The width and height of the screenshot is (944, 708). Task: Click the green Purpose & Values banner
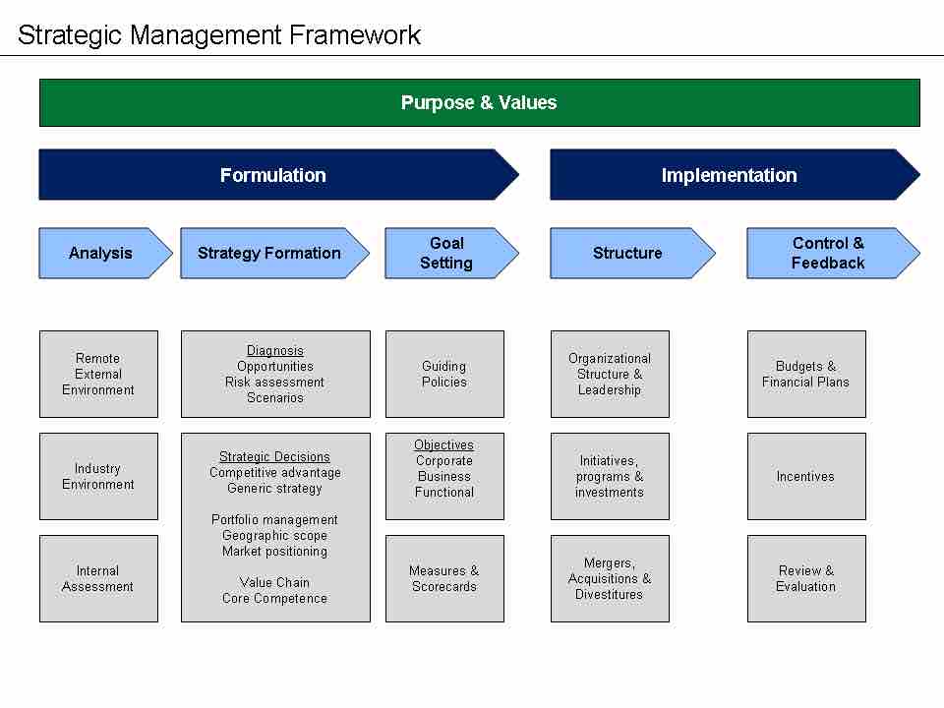tap(479, 102)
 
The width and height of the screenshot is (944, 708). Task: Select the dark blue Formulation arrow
tap(273, 175)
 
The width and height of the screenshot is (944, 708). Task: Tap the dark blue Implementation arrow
tap(729, 175)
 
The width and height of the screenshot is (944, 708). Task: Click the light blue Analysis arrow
tap(100, 253)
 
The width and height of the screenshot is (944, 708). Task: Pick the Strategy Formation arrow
tap(269, 253)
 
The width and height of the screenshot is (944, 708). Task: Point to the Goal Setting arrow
tap(446, 253)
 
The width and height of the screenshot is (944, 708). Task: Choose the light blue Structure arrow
tap(627, 253)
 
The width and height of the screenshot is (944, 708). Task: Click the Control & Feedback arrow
tap(828, 253)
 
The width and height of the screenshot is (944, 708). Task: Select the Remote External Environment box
tap(98, 374)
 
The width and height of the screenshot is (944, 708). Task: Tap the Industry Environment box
tap(98, 476)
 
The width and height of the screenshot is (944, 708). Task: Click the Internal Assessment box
tap(98, 578)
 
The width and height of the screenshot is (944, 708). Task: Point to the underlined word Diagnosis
tap(275, 351)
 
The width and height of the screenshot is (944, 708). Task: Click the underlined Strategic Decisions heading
tap(274, 457)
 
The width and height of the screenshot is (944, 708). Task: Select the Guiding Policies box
tap(444, 374)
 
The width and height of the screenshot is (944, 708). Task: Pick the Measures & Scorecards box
tap(444, 578)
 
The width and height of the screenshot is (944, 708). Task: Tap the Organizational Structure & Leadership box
tap(610, 374)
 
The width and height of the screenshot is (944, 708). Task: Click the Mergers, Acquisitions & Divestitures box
tap(610, 578)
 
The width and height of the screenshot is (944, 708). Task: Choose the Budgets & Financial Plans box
tap(806, 374)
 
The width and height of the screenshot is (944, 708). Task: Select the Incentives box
tap(806, 476)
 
